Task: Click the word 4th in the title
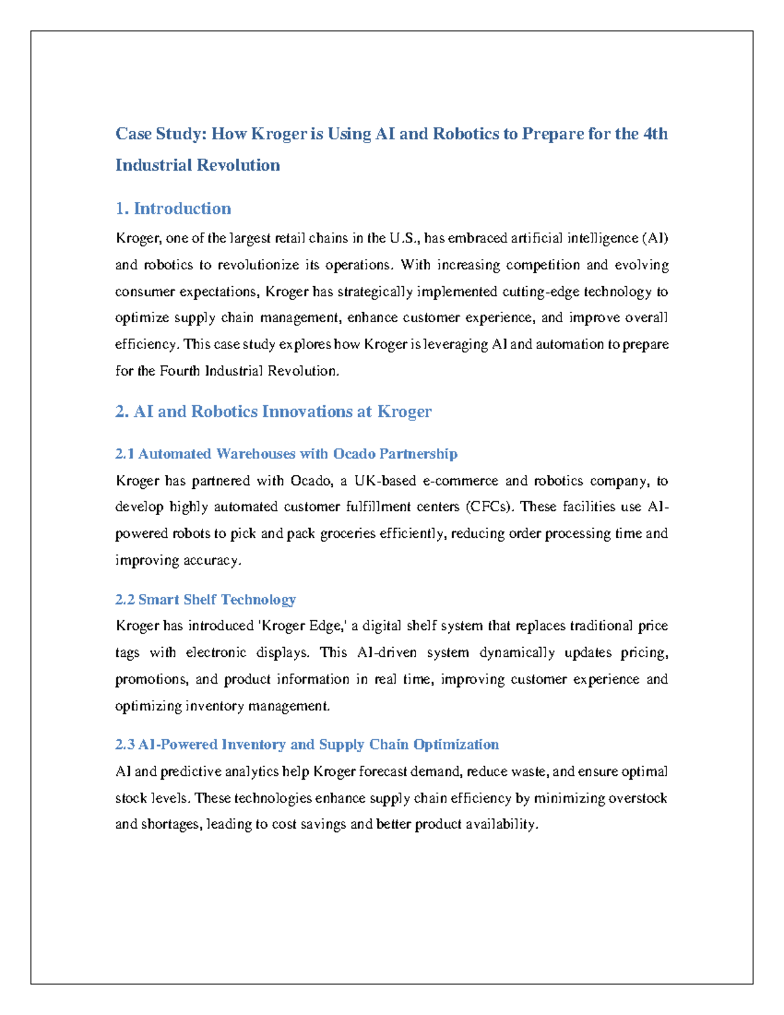655,134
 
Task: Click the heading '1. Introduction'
173,208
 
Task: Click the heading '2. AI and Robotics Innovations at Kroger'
273,412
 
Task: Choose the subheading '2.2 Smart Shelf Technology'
205,599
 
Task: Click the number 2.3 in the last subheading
125,744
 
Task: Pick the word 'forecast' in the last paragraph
382,772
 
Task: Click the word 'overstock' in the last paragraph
638,799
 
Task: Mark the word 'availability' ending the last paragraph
501,825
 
